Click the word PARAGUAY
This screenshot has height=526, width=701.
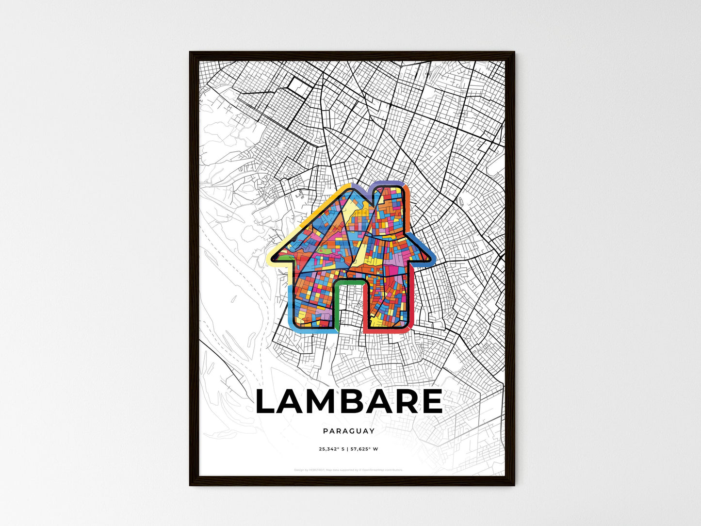(x=349, y=431)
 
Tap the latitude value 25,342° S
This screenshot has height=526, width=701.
(x=331, y=449)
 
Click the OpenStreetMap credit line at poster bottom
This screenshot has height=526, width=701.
(x=349, y=470)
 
